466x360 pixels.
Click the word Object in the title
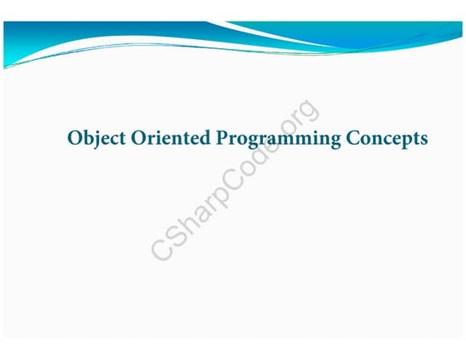(92, 138)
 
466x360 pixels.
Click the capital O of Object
(74, 137)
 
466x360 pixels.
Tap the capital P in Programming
(221, 137)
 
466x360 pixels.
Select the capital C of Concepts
(355, 137)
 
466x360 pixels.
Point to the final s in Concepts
(424, 139)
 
